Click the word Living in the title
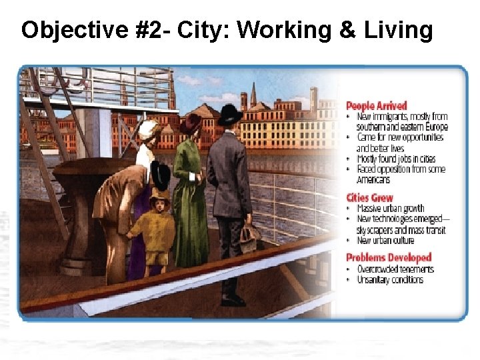point(401,31)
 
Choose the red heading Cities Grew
point(370,197)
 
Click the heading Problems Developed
point(389,257)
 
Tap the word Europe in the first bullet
point(433,127)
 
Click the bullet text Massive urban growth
point(391,209)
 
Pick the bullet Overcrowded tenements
point(395,269)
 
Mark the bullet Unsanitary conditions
point(390,279)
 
